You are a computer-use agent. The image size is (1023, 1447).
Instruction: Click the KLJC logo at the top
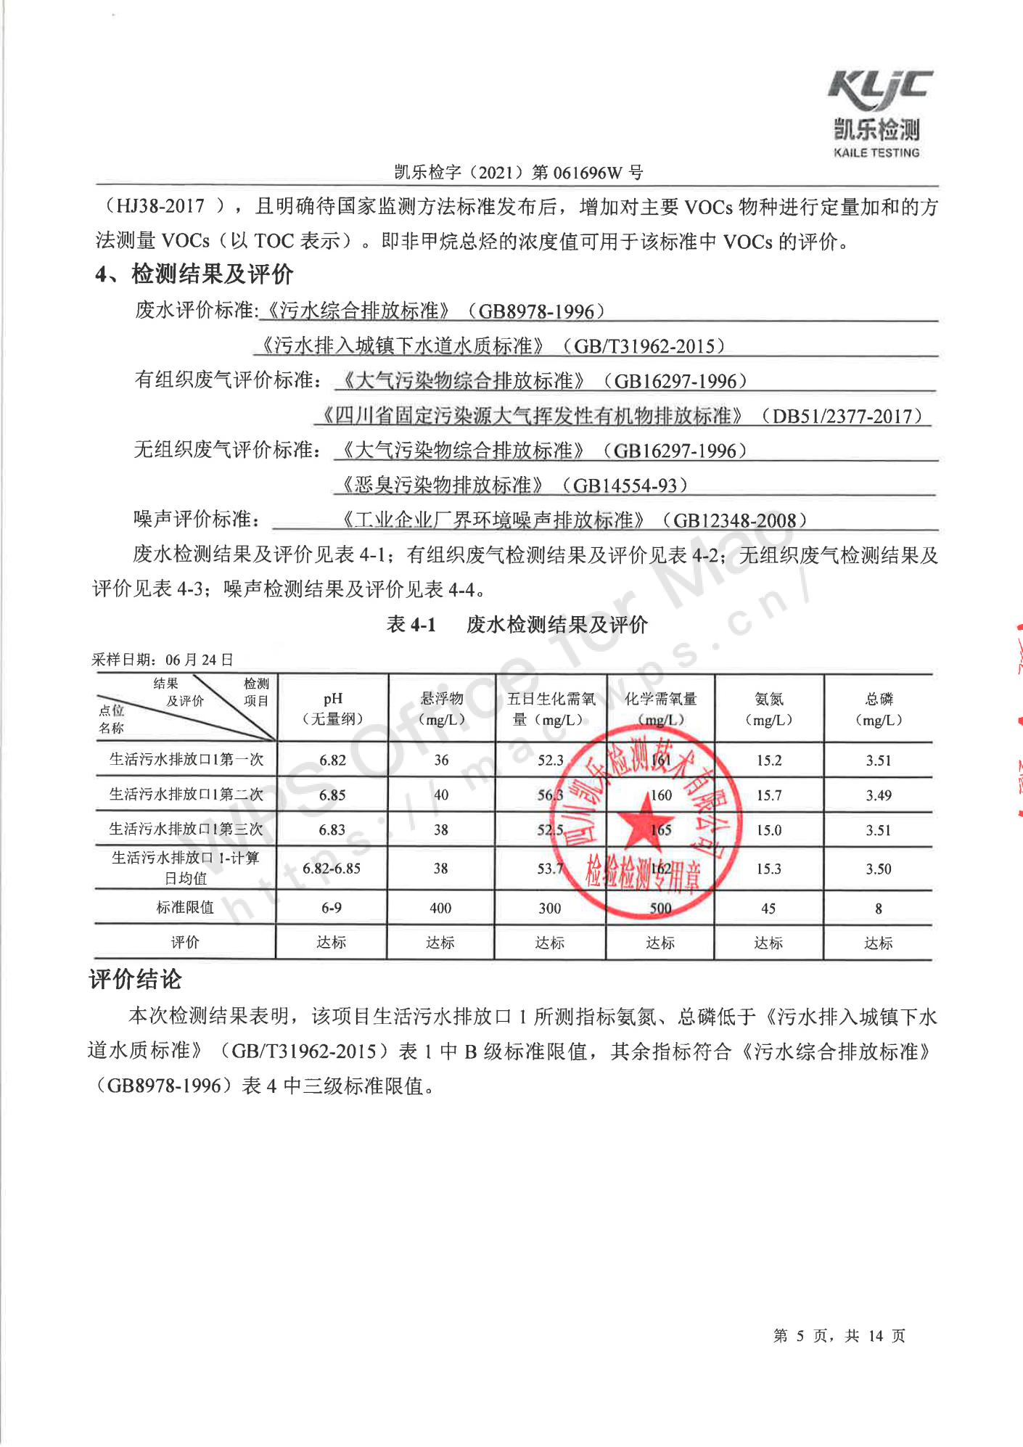coord(879,93)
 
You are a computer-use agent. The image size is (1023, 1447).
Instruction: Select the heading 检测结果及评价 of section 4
coord(212,274)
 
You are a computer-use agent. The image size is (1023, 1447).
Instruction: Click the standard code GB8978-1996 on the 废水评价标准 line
coord(536,311)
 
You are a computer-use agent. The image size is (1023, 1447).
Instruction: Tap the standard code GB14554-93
coord(625,485)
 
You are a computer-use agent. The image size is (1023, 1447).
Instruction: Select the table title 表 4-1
coord(411,624)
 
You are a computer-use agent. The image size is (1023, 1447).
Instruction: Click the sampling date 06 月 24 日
coord(200,660)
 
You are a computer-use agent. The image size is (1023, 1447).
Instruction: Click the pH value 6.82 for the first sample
coord(332,761)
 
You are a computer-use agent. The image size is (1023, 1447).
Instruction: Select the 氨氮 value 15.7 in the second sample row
coord(769,795)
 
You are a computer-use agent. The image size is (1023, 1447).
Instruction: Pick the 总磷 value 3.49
coord(879,795)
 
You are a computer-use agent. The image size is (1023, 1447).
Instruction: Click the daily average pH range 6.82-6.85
coord(332,869)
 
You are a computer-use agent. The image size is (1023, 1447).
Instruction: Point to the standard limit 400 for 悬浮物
coord(440,909)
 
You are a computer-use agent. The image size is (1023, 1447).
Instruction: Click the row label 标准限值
coord(186,908)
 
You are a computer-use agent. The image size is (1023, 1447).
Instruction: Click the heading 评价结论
coord(136,980)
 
